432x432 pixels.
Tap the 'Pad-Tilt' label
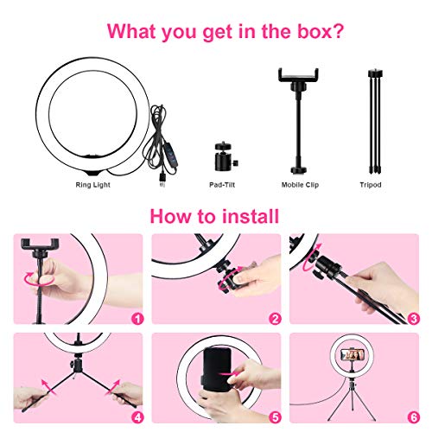pyautogui.click(x=221, y=185)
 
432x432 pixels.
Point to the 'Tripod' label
pyautogui.click(x=371, y=185)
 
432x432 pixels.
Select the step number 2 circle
pyautogui.click(x=275, y=318)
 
